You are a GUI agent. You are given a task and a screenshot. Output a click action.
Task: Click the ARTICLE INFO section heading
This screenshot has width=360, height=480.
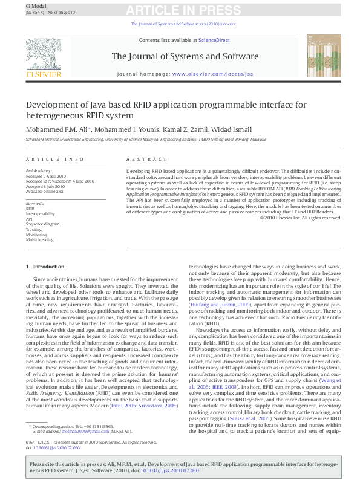click(55, 159)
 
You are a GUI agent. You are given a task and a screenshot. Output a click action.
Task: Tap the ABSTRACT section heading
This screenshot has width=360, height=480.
click(145, 159)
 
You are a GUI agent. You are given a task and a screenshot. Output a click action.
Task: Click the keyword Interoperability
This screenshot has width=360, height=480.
click(40, 213)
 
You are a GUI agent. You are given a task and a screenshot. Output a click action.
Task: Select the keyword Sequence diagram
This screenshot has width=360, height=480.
click(42, 224)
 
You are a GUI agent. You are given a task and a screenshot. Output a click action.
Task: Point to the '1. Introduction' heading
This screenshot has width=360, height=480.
click(45, 267)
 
